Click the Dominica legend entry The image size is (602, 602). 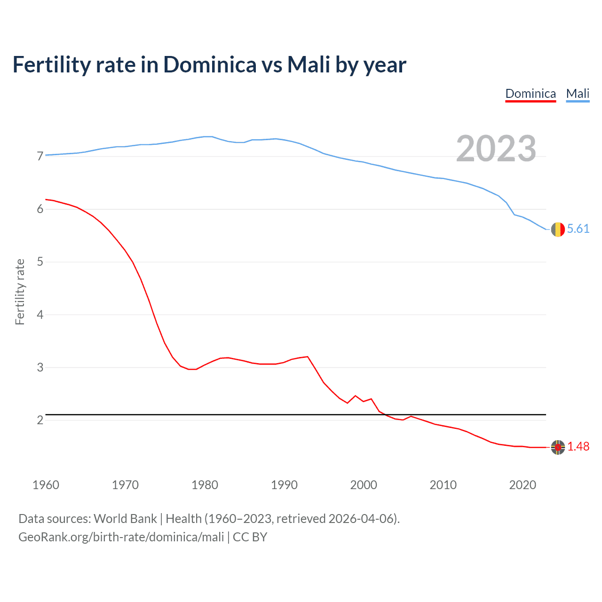[x=531, y=94]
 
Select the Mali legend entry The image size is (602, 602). [x=578, y=94]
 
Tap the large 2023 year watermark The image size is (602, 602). [x=496, y=149]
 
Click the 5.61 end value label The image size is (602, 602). [x=578, y=229]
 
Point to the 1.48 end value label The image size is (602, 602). [x=578, y=447]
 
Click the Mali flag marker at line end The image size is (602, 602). [x=558, y=230]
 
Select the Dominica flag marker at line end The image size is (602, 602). [x=558, y=447]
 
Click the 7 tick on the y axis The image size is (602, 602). [x=40, y=156]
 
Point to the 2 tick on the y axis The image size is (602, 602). [x=40, y=420]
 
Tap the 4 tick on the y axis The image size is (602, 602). [x=40, y=315]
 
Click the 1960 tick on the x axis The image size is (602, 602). [x=46, y=485]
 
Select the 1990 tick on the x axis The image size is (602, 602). [x=284, y=485]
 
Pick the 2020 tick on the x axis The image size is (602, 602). [x=523, y=485]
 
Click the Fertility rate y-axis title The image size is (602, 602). [x=20, y=292]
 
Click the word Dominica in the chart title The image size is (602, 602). [x=210, y=65]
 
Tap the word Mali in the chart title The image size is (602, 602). [x=308, y=65]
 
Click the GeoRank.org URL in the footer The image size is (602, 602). [x=121, y=537]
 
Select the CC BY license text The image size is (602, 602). [x=250, y=537]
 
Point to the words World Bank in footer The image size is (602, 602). [x=125, y=519]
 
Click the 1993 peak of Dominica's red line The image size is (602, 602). [x=308, y=356]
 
